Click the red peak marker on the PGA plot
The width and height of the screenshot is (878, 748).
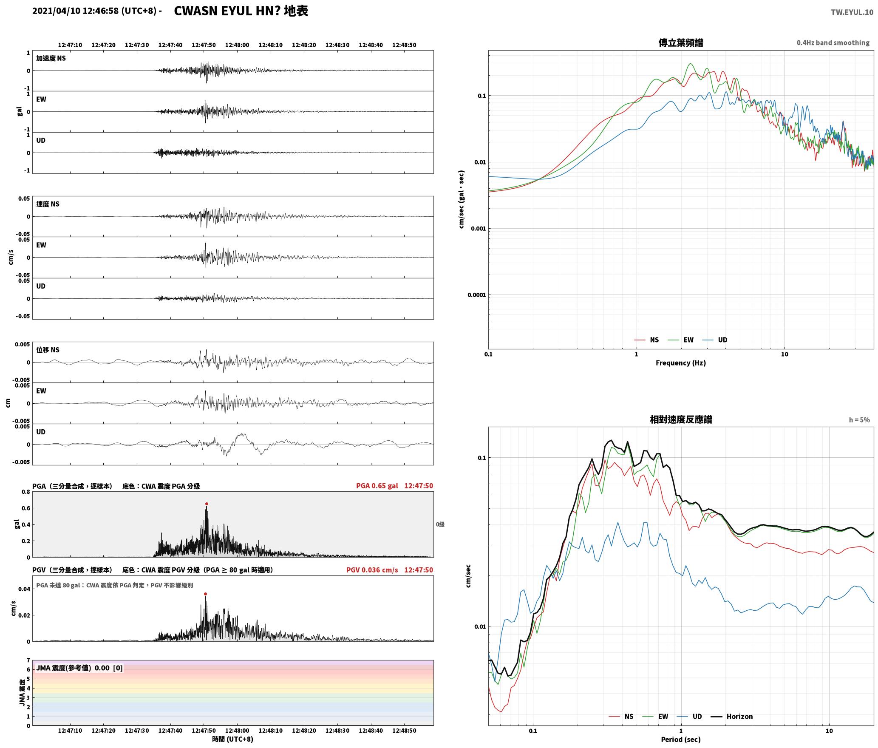click(207, 504)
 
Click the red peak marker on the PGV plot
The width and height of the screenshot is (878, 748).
click(205, 594)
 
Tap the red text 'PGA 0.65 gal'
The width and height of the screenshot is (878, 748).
click(377, 486)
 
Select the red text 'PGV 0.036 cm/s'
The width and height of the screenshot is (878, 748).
click(372, 570)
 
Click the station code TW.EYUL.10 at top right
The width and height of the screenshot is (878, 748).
click(852, 12)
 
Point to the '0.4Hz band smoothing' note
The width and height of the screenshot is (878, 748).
click(833, 43)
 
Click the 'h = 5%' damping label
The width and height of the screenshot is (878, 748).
click(859, 420)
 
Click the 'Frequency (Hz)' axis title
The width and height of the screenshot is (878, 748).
click(680, 363)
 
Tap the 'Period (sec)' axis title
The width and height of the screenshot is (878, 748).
click(680, 740)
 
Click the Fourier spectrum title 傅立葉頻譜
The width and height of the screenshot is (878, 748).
click(680, 43)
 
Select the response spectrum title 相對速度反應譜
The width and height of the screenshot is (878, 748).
click(681, 419)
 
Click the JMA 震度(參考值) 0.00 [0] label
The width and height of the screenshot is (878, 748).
click(79, 668)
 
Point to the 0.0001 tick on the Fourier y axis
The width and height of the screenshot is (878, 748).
click(476, 295)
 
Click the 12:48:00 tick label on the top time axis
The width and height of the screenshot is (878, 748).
click(237, 45)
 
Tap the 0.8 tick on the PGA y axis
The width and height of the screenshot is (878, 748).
click(26, 492)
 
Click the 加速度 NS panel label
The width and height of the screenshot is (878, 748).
click(51, 58)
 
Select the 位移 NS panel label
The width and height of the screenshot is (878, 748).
click(48, 350)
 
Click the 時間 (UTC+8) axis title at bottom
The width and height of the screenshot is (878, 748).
click(233, 739)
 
